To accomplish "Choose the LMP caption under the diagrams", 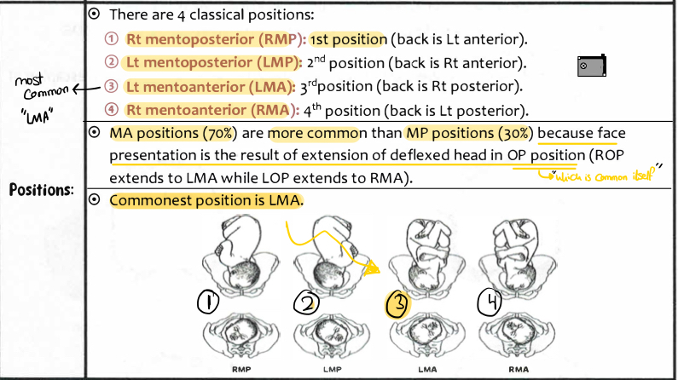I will (333, 370).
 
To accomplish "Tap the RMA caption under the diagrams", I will (519, 370).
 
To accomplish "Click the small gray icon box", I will (591, 66).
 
